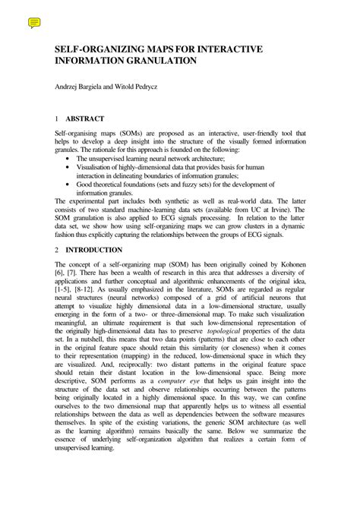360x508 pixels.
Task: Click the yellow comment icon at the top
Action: (x=34, y=24)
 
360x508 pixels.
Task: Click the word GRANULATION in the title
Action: (x=156, y=61)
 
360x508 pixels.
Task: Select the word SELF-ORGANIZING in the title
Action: (x=98, y=49)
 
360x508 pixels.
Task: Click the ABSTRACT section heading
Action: (x=85, y=119)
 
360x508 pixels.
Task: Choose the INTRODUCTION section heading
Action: (x=93, y=250)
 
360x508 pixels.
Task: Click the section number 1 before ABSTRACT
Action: (x=57, y=119)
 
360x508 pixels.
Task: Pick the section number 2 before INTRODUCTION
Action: (x=57, y=250)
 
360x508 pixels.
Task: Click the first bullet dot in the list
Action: (x=70, y=158)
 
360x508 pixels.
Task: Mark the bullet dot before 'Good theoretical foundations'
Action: (x=70, y=184)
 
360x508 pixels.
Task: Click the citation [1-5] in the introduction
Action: (x=66, y=290)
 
